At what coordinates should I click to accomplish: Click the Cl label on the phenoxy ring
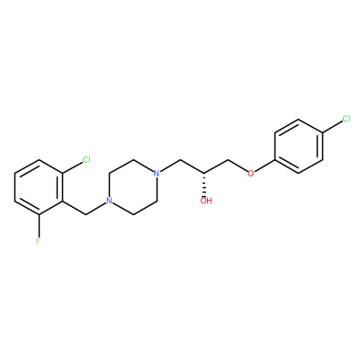point(346,119)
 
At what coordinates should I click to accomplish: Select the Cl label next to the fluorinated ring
point(86,160)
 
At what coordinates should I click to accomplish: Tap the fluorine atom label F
point(38,241)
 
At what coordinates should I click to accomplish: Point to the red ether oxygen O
point(251,174)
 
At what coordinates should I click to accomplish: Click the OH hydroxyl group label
point(206,201)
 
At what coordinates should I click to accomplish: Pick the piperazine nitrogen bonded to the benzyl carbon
point(109,201)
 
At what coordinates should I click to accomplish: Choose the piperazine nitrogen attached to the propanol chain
point(156,174)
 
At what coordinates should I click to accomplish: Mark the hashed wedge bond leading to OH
point(205,184)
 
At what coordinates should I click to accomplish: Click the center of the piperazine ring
point(132,187)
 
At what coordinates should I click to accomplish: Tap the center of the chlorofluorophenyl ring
point(39,187)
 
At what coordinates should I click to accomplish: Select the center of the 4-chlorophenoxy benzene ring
point(299,146)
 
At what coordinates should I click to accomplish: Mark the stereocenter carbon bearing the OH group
point(205,174)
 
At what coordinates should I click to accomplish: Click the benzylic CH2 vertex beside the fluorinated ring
point(86,214)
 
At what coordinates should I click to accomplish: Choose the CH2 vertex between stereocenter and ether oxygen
point(229,160)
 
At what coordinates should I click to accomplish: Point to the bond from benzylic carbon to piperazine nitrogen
point(96,209)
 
